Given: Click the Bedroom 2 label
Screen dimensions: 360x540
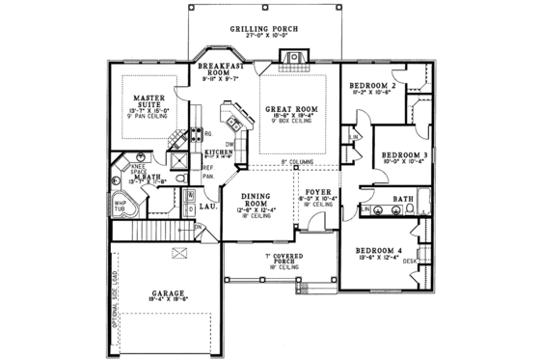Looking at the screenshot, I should [x=373, y=86].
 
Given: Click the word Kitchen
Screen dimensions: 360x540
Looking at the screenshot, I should [x=218, y=152].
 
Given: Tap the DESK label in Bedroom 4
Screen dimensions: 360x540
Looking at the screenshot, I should [x=410, y=261].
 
